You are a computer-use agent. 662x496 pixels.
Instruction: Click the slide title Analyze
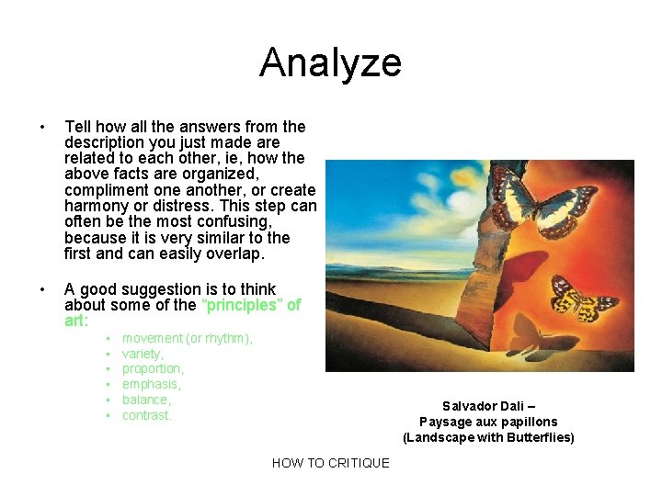click(x=330, y=62)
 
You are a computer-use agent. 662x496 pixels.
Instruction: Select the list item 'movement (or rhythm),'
click(x=188, y=338)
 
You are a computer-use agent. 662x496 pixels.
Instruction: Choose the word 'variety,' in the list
click(x=143, y=354)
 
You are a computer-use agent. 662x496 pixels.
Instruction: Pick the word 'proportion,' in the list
click(x=153, y=369)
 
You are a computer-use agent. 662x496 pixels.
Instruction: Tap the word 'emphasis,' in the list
click(x=151, y=385)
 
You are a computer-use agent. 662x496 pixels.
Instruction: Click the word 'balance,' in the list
click(x=146, y=400)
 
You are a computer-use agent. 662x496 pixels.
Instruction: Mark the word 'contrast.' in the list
click(x=147, y=416)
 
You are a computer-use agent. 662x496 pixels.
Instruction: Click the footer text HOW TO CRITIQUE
click(x=330, y=463)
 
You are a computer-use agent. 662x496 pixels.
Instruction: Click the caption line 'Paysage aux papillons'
click(x=488, y=422)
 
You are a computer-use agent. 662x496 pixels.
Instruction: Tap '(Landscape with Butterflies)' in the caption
click(x=488, y=437)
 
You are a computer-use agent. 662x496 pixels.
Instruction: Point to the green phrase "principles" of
click(x=251, y=305)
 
